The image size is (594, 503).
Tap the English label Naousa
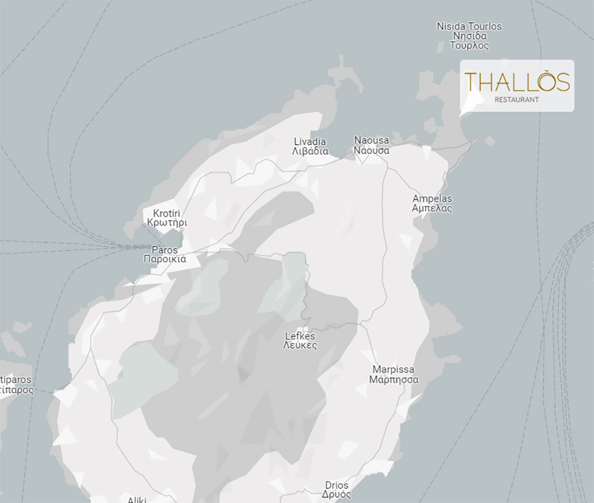point(371,141)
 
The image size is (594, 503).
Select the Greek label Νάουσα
point(371,150)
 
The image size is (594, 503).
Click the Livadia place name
point(310,142)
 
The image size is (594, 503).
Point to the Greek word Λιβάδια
point(310,152)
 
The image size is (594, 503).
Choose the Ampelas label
point(432,199)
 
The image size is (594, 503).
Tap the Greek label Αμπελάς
point(432,209)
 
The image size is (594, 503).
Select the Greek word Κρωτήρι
point(167,223)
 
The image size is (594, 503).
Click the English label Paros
point(165,250)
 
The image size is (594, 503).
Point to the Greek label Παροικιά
point(165,260)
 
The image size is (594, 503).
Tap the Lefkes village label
point(300,336)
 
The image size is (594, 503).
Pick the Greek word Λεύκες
point(300,346)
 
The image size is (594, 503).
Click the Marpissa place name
point(393,370)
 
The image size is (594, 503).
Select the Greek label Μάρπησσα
point(393,380)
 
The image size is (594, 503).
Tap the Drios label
point(336,486)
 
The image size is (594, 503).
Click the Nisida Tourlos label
point(469,26)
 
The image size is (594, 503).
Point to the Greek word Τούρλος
point(469,46)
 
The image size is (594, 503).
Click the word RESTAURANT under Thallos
point(516,99)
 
